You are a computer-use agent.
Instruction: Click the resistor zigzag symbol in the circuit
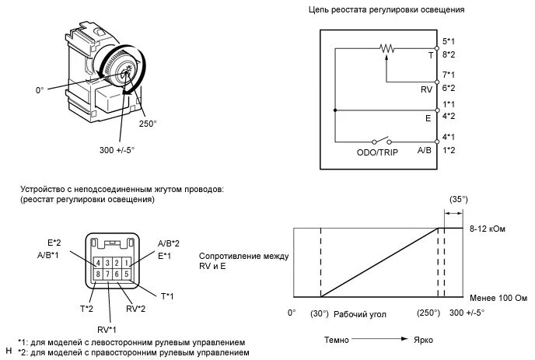click(386, 48)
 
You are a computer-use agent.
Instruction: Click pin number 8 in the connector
click(96, 274)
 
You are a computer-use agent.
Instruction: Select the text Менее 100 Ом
click(498, 298)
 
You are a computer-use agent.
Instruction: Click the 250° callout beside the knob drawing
click(148, 124)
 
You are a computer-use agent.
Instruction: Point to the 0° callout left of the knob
click(40, 90)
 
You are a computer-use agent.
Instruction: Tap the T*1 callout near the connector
click(167, 296)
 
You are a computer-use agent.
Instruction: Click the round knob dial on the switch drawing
click(122, 70)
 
